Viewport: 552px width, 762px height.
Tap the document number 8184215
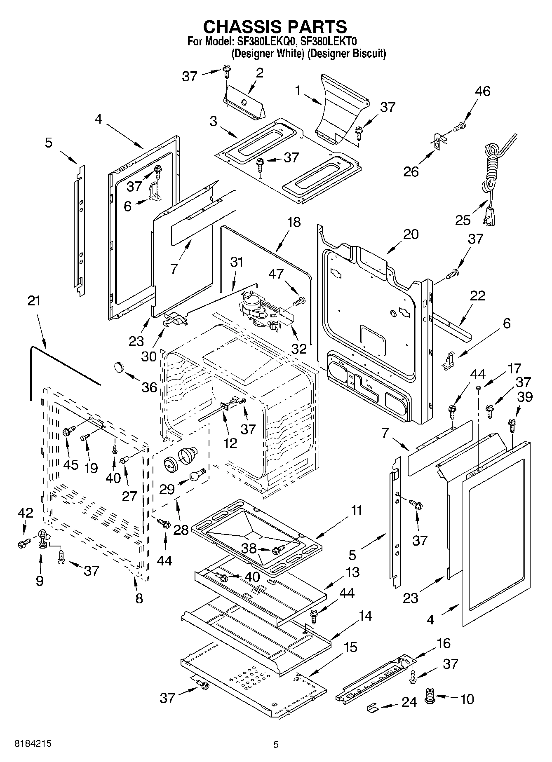[33, 744]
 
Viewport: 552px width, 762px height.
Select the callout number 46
[482, 91]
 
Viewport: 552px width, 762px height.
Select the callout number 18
[294, 223]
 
